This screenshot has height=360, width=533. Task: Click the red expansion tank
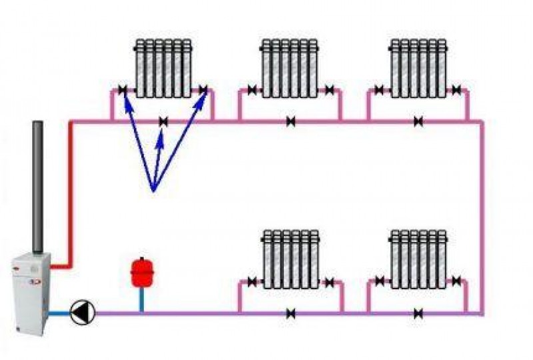[141, 273]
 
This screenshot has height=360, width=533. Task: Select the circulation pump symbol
[85, 310]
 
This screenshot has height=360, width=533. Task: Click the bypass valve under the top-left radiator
[164, 121]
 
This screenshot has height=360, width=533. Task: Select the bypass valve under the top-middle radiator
[291, 121]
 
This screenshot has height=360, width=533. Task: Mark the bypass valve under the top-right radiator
[418, 121]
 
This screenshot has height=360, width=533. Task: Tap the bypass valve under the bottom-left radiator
[291, 312]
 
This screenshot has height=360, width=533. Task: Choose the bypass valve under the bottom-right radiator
[418, 312]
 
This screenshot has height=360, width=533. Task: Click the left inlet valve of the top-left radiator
[124, 90]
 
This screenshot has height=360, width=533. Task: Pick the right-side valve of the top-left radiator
[203, 90]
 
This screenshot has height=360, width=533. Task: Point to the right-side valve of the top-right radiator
[457, 90]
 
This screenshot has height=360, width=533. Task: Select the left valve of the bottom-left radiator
[252, 282]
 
